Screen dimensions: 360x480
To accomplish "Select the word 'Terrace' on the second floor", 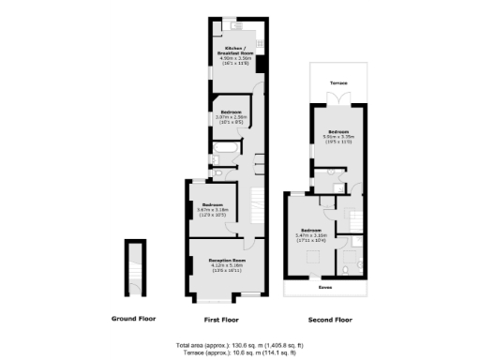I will (337, 83).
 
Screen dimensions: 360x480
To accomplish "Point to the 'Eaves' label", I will (325, 288).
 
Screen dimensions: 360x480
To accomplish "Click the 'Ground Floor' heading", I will (133, 319).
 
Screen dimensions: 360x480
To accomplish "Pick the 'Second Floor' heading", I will (330, 319).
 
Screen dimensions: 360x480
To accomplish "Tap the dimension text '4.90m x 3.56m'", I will (233, 58).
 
